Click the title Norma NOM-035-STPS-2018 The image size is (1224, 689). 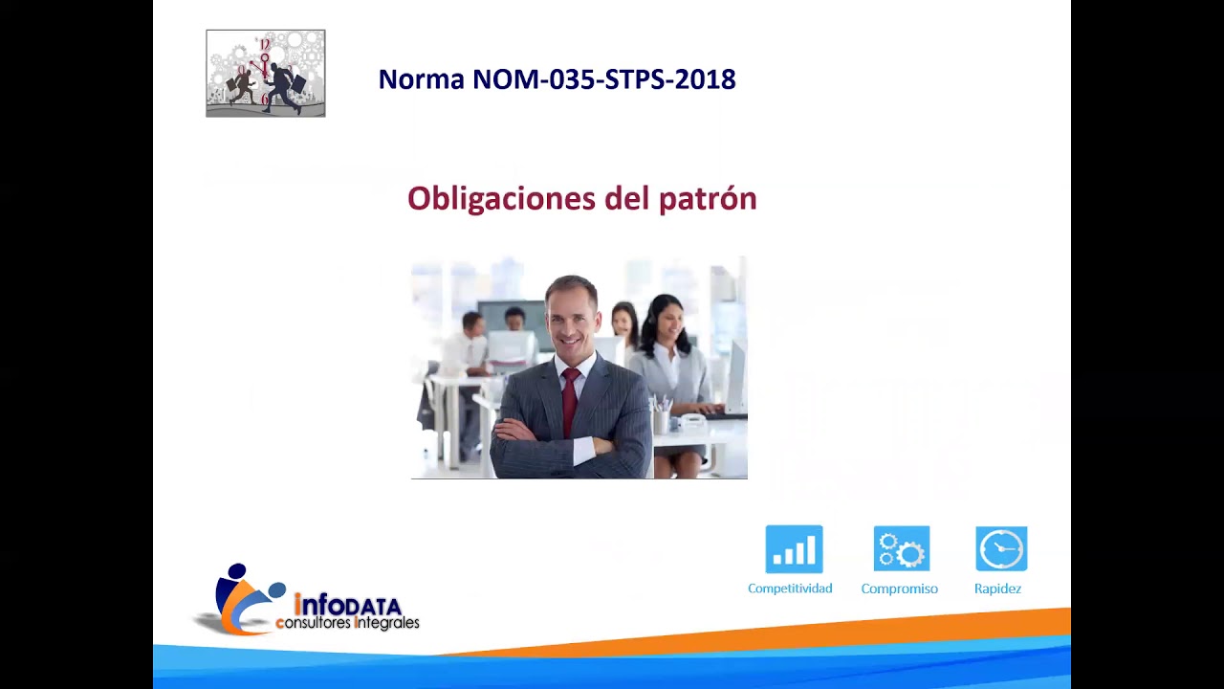pyautogui.click(x=557, y=79)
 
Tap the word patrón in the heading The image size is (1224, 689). pyautogui.click(x=708, y=199)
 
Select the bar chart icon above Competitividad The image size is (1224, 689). pyautogui.click(x=794, y=549)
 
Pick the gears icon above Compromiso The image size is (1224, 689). pyautogui.click(x=901, y=549)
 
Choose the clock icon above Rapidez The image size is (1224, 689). pyautogui.click(x=1001, y=549)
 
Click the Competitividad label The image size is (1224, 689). pyautogui.click(x=790, y=589)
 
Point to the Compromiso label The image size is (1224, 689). pyautogui.click(x=899, y=589)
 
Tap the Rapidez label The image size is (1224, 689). pyautogui.click(x=997, y=589)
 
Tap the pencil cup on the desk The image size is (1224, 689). pyautogui.click(x=661, y=418)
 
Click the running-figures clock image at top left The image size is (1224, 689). pyautogui.click(x=266, y=74)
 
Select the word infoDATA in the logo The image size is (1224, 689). pyautogui.click(x=349, y=606)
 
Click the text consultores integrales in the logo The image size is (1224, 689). pyautogui.click(x=347, y=624)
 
